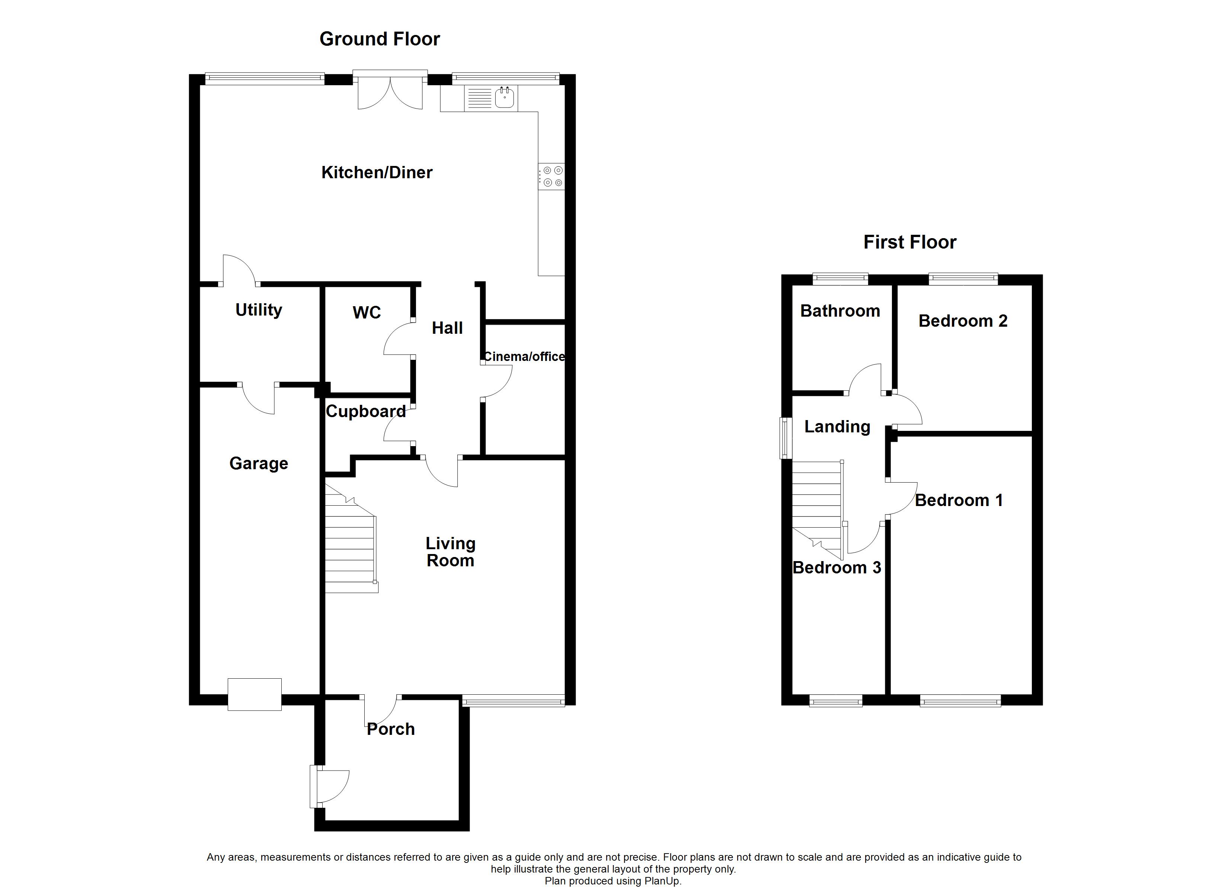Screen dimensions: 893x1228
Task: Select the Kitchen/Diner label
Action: coord(377,173)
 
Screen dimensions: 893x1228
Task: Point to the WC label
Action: coord(367,313)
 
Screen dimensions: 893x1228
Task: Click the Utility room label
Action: coord(259,310)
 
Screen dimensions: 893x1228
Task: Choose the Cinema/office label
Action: coord(524,356)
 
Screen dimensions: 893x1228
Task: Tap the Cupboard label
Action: coord(365,412)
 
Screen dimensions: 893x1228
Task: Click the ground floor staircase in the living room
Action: coord(350,547)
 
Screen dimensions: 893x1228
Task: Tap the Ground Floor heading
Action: coord(380,39)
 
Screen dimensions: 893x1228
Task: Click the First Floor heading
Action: coord(909,242)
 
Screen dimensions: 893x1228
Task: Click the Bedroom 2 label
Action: coord(963,321)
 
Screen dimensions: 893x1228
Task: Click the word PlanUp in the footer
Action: coord(662,881)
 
